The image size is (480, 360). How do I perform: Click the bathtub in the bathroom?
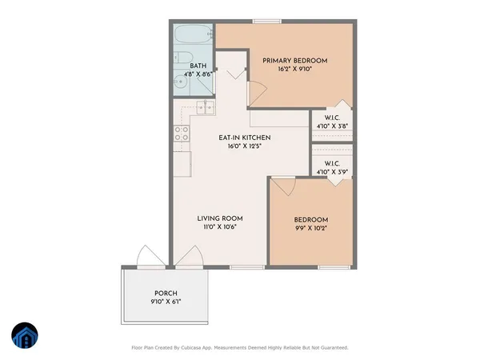click(192, 36)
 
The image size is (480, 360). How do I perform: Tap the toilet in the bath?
click(181, 58)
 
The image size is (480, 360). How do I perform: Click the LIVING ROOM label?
click(221, 218)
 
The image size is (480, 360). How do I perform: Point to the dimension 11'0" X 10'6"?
click(221, 227)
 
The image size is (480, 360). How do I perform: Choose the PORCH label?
click(166, 293)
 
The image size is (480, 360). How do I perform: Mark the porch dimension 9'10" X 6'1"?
click(166, 302)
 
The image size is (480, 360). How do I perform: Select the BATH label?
click(198, 66)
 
